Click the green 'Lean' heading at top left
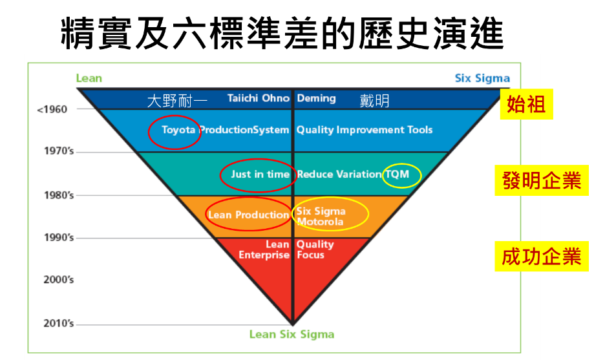[89, 78]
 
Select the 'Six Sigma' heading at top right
[482, 78]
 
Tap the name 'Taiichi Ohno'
[259, 98]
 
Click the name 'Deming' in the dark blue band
[316, 98]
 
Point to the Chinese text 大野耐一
[177, 101]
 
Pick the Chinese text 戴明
[375, 101]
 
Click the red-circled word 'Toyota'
[178, 130]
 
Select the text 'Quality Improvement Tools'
[365, 130]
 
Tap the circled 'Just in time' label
[260, 175]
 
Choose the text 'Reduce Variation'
[339, 175]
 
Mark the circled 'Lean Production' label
[248, 215]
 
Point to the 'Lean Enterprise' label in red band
[264, 249]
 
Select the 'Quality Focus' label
[315, 249]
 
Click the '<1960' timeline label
[52, 109]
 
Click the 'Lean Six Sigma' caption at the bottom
[292, 334]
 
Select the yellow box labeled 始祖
[526, 104]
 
